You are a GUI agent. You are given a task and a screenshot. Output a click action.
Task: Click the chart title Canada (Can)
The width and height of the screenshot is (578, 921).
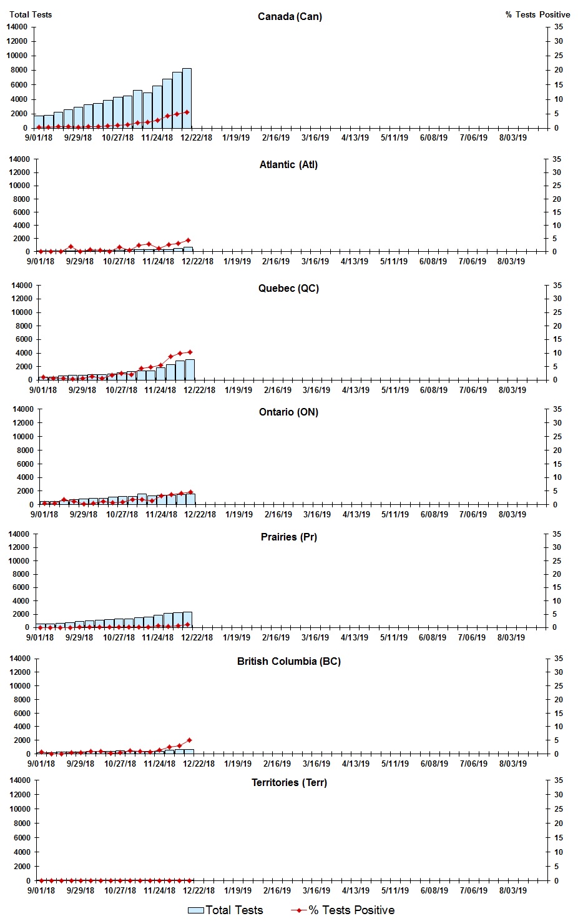pos(290,16)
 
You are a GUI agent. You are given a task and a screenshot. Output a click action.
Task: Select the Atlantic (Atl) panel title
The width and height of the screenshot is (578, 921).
pos(288,165)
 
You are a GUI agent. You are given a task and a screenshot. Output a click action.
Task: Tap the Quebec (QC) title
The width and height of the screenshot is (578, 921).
pos(288,289)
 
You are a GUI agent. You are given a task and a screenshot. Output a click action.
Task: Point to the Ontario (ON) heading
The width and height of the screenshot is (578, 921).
pos(288,412)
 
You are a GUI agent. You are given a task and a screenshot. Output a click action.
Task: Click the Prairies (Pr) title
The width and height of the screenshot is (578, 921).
pos(288,537)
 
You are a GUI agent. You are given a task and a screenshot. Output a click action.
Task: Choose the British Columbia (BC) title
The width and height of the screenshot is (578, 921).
pos(288,662)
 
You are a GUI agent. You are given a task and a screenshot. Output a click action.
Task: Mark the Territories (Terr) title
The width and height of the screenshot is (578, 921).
pos(288,783)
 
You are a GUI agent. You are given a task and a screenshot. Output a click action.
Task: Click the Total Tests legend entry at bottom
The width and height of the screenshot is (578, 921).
pos(226,910)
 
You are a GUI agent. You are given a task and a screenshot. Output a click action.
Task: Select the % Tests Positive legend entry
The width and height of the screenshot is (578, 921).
pos(343,910)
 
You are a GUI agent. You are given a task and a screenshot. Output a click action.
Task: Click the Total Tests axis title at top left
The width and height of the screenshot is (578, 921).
pos(31,14)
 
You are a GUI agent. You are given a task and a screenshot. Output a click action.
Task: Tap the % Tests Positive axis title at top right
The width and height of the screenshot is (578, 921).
pos(537,14)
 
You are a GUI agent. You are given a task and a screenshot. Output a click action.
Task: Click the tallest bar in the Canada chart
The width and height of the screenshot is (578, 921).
pos(187,99)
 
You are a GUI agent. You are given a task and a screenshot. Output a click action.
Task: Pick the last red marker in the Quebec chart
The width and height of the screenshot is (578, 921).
pos(190,352)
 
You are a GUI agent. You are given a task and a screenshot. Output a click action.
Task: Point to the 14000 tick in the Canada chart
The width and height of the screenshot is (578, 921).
pos(17,27)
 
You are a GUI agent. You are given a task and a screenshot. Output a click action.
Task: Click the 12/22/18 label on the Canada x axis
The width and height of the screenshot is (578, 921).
pos(196,138)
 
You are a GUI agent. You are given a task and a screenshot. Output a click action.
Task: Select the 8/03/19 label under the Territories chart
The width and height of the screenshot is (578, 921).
pos(512,890)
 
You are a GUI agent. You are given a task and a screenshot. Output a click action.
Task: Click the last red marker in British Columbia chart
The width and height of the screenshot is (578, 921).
pos(189,740)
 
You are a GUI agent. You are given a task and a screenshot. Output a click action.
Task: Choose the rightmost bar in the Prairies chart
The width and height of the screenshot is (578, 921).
pos(187,619)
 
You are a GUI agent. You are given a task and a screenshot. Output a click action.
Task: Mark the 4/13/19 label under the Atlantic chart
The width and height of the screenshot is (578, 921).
pos(355,262)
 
